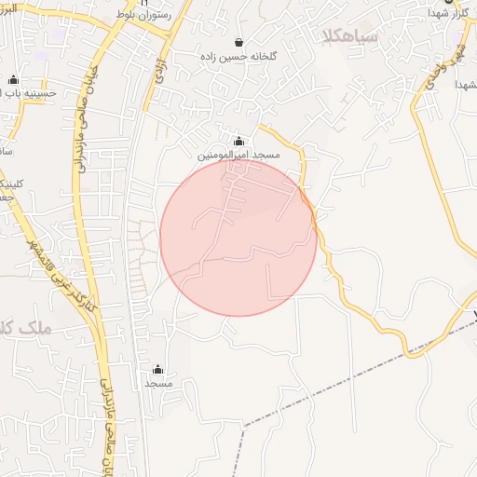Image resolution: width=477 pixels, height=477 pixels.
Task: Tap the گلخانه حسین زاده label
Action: (x=238, y=57)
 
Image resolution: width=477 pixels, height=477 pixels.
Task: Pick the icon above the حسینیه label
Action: (x=13, y=80)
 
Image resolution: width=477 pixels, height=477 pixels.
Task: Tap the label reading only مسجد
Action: (x=157, y=383)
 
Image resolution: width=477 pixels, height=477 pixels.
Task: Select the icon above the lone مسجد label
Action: (x=157, y=369)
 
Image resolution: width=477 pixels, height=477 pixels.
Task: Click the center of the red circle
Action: (x=238, y=238)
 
